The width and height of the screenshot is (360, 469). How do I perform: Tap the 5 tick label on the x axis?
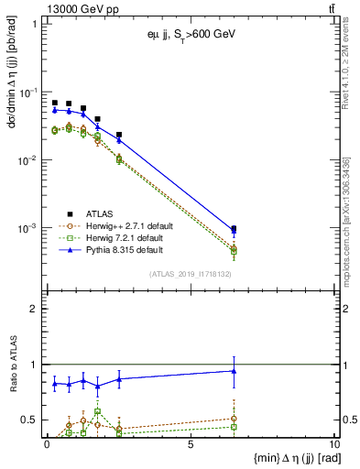(x=190, y=443)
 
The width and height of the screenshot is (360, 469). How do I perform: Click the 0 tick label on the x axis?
(x=47, y=443)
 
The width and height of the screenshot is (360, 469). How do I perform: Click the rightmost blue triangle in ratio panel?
(x=235, y=371)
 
